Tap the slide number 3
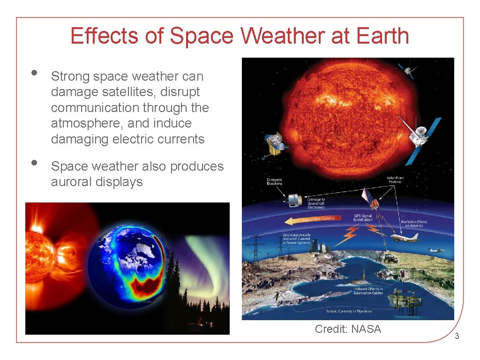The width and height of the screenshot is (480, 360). click(x=457, y=336)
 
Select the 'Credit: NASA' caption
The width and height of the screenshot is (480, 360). click(x=348, y=329)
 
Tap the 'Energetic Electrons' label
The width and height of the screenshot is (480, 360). click(x=274, y=181)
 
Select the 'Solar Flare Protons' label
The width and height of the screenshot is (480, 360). click(x=394, y=180)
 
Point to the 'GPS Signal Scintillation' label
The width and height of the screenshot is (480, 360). click(x=363, y=217)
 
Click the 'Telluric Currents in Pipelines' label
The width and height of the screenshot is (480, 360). click(x=349, y=311)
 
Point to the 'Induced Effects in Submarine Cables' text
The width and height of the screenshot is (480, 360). click(x=367, y=291)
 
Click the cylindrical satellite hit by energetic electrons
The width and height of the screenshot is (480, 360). click(x=293, y=200)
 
